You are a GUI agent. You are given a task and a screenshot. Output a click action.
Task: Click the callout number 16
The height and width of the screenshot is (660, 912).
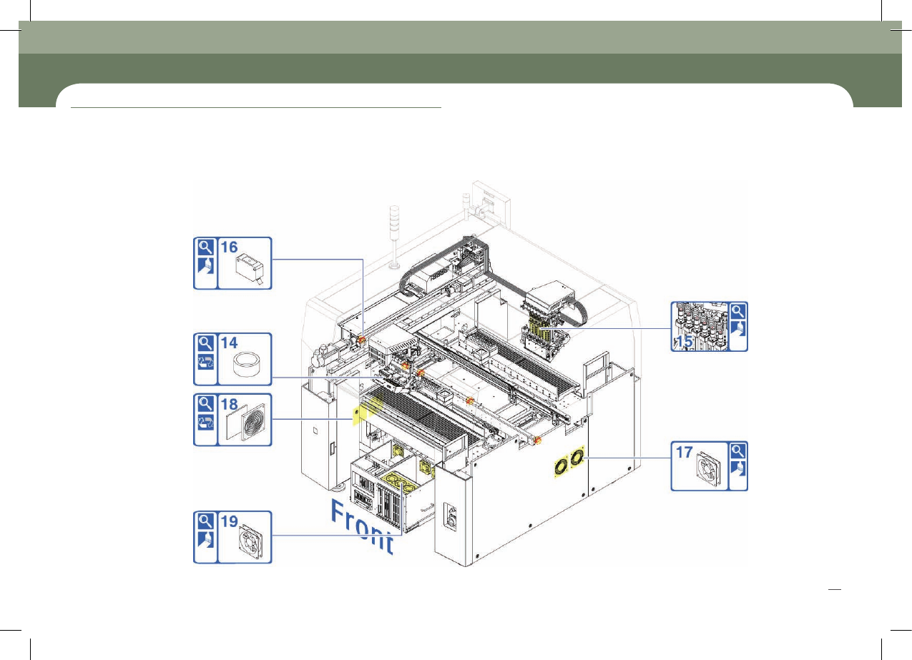point(229,247)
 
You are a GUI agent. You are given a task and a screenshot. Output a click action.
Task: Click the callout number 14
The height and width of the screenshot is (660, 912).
point(229,343)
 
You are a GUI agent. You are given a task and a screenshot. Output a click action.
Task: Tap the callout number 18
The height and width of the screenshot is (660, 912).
point(229,404)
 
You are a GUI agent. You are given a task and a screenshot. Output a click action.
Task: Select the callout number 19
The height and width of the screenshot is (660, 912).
point(229,521)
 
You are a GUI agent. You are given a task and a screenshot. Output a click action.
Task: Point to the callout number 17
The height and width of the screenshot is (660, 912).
point(684,452)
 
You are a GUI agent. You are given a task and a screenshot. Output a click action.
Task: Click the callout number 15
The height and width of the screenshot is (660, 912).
point(684,341)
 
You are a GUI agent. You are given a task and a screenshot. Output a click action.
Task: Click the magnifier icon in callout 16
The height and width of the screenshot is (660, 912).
point(205,247)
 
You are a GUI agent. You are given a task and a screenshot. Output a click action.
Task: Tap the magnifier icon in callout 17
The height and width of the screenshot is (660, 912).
point(738,451)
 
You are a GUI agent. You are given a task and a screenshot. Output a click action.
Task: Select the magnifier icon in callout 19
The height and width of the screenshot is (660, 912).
point(205,521)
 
